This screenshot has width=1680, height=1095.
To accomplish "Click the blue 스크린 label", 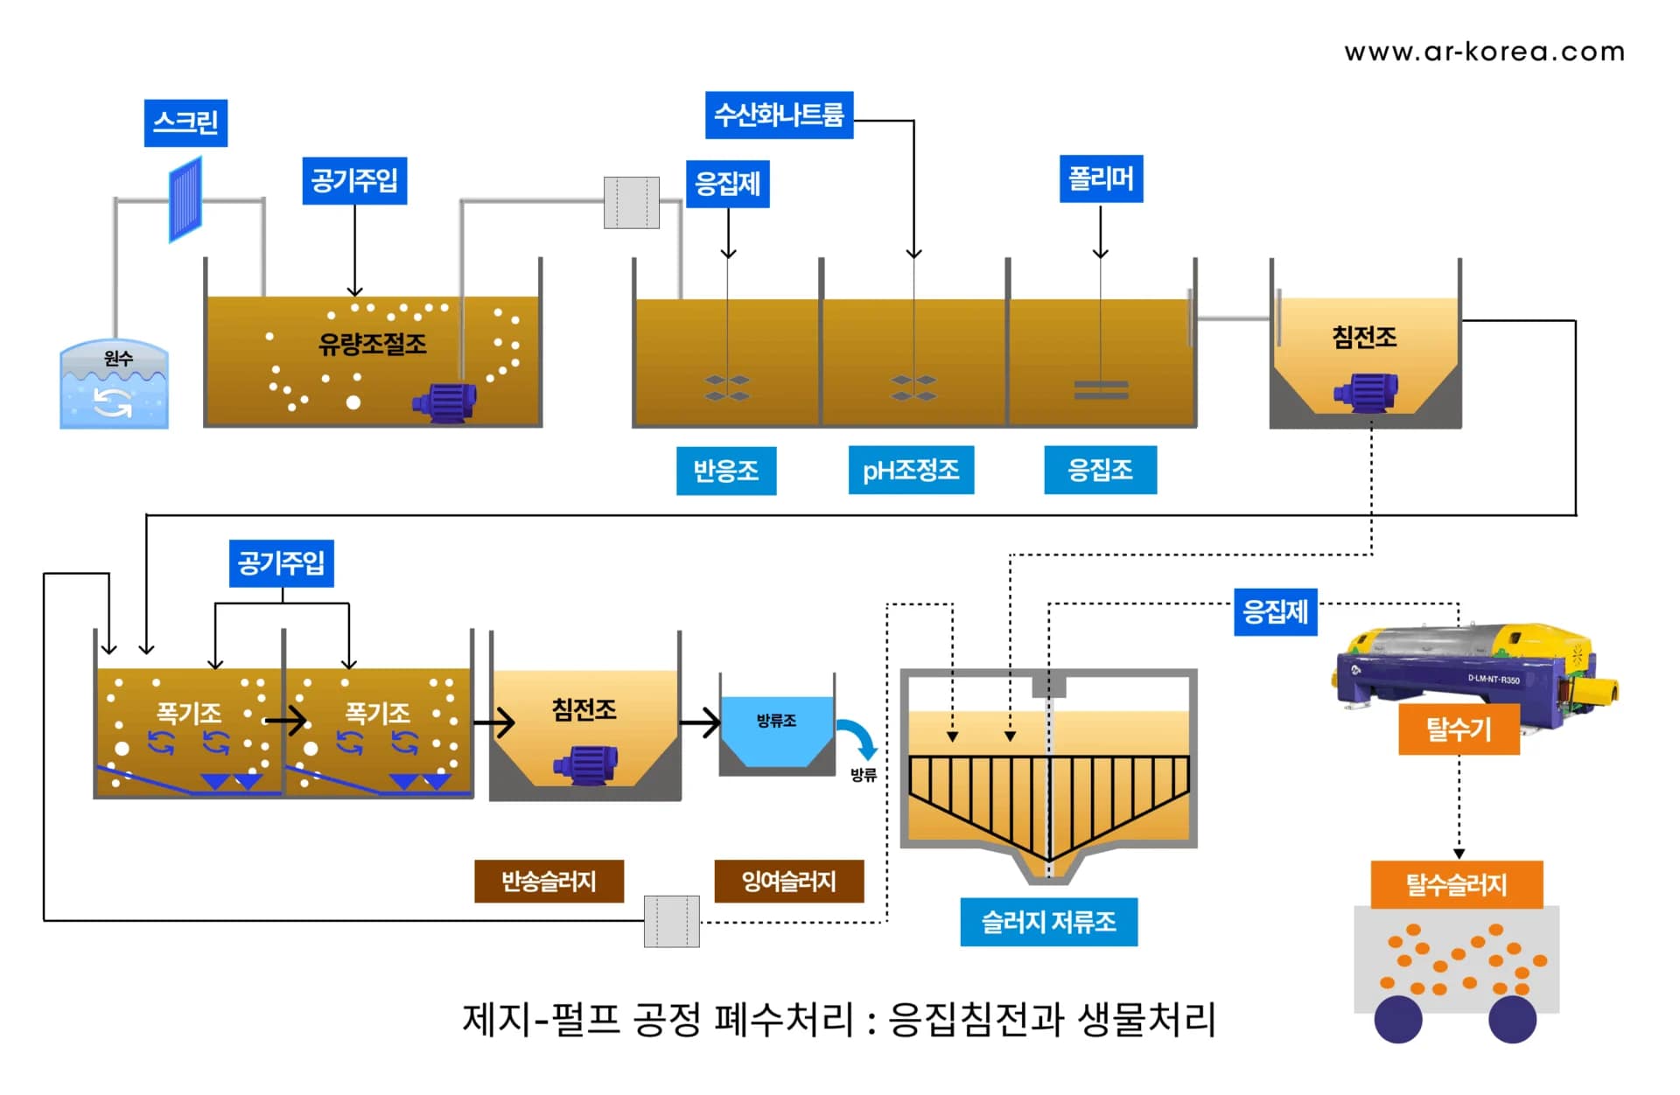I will [x=185, y=122].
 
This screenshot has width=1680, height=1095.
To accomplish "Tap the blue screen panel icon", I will [x=185, y=200].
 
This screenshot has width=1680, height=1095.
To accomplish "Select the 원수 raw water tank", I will [x=114, y=386].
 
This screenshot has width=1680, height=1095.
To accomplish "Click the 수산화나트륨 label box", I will [x=779, y=115].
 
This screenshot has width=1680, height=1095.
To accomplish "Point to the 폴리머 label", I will [x=1101, y=179].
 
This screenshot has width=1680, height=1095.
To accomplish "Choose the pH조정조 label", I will [x=911, y=471].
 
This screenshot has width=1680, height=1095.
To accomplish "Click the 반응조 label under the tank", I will [x=725, y=471].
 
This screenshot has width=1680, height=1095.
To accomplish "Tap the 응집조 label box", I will [x=1100, y=471].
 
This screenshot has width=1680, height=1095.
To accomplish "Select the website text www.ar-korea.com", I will [x=1484, y=52].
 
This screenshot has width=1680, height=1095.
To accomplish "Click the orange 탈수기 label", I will [x=1459, y=729].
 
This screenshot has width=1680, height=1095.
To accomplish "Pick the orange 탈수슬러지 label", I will [x=1456, y=884].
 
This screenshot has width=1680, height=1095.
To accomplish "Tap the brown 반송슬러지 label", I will [x=549, y=881].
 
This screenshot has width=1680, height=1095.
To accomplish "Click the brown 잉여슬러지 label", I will [x=788, y=881].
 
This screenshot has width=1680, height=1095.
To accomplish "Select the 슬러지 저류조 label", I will [x=1048, y=922].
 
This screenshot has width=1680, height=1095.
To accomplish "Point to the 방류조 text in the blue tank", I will [x=776, y=721].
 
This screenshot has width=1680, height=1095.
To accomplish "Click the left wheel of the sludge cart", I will [x=1397, y=1019].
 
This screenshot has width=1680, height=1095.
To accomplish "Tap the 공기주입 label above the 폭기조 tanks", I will [x=281, y=562].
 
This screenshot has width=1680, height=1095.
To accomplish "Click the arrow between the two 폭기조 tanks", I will [x=285, y=722].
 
